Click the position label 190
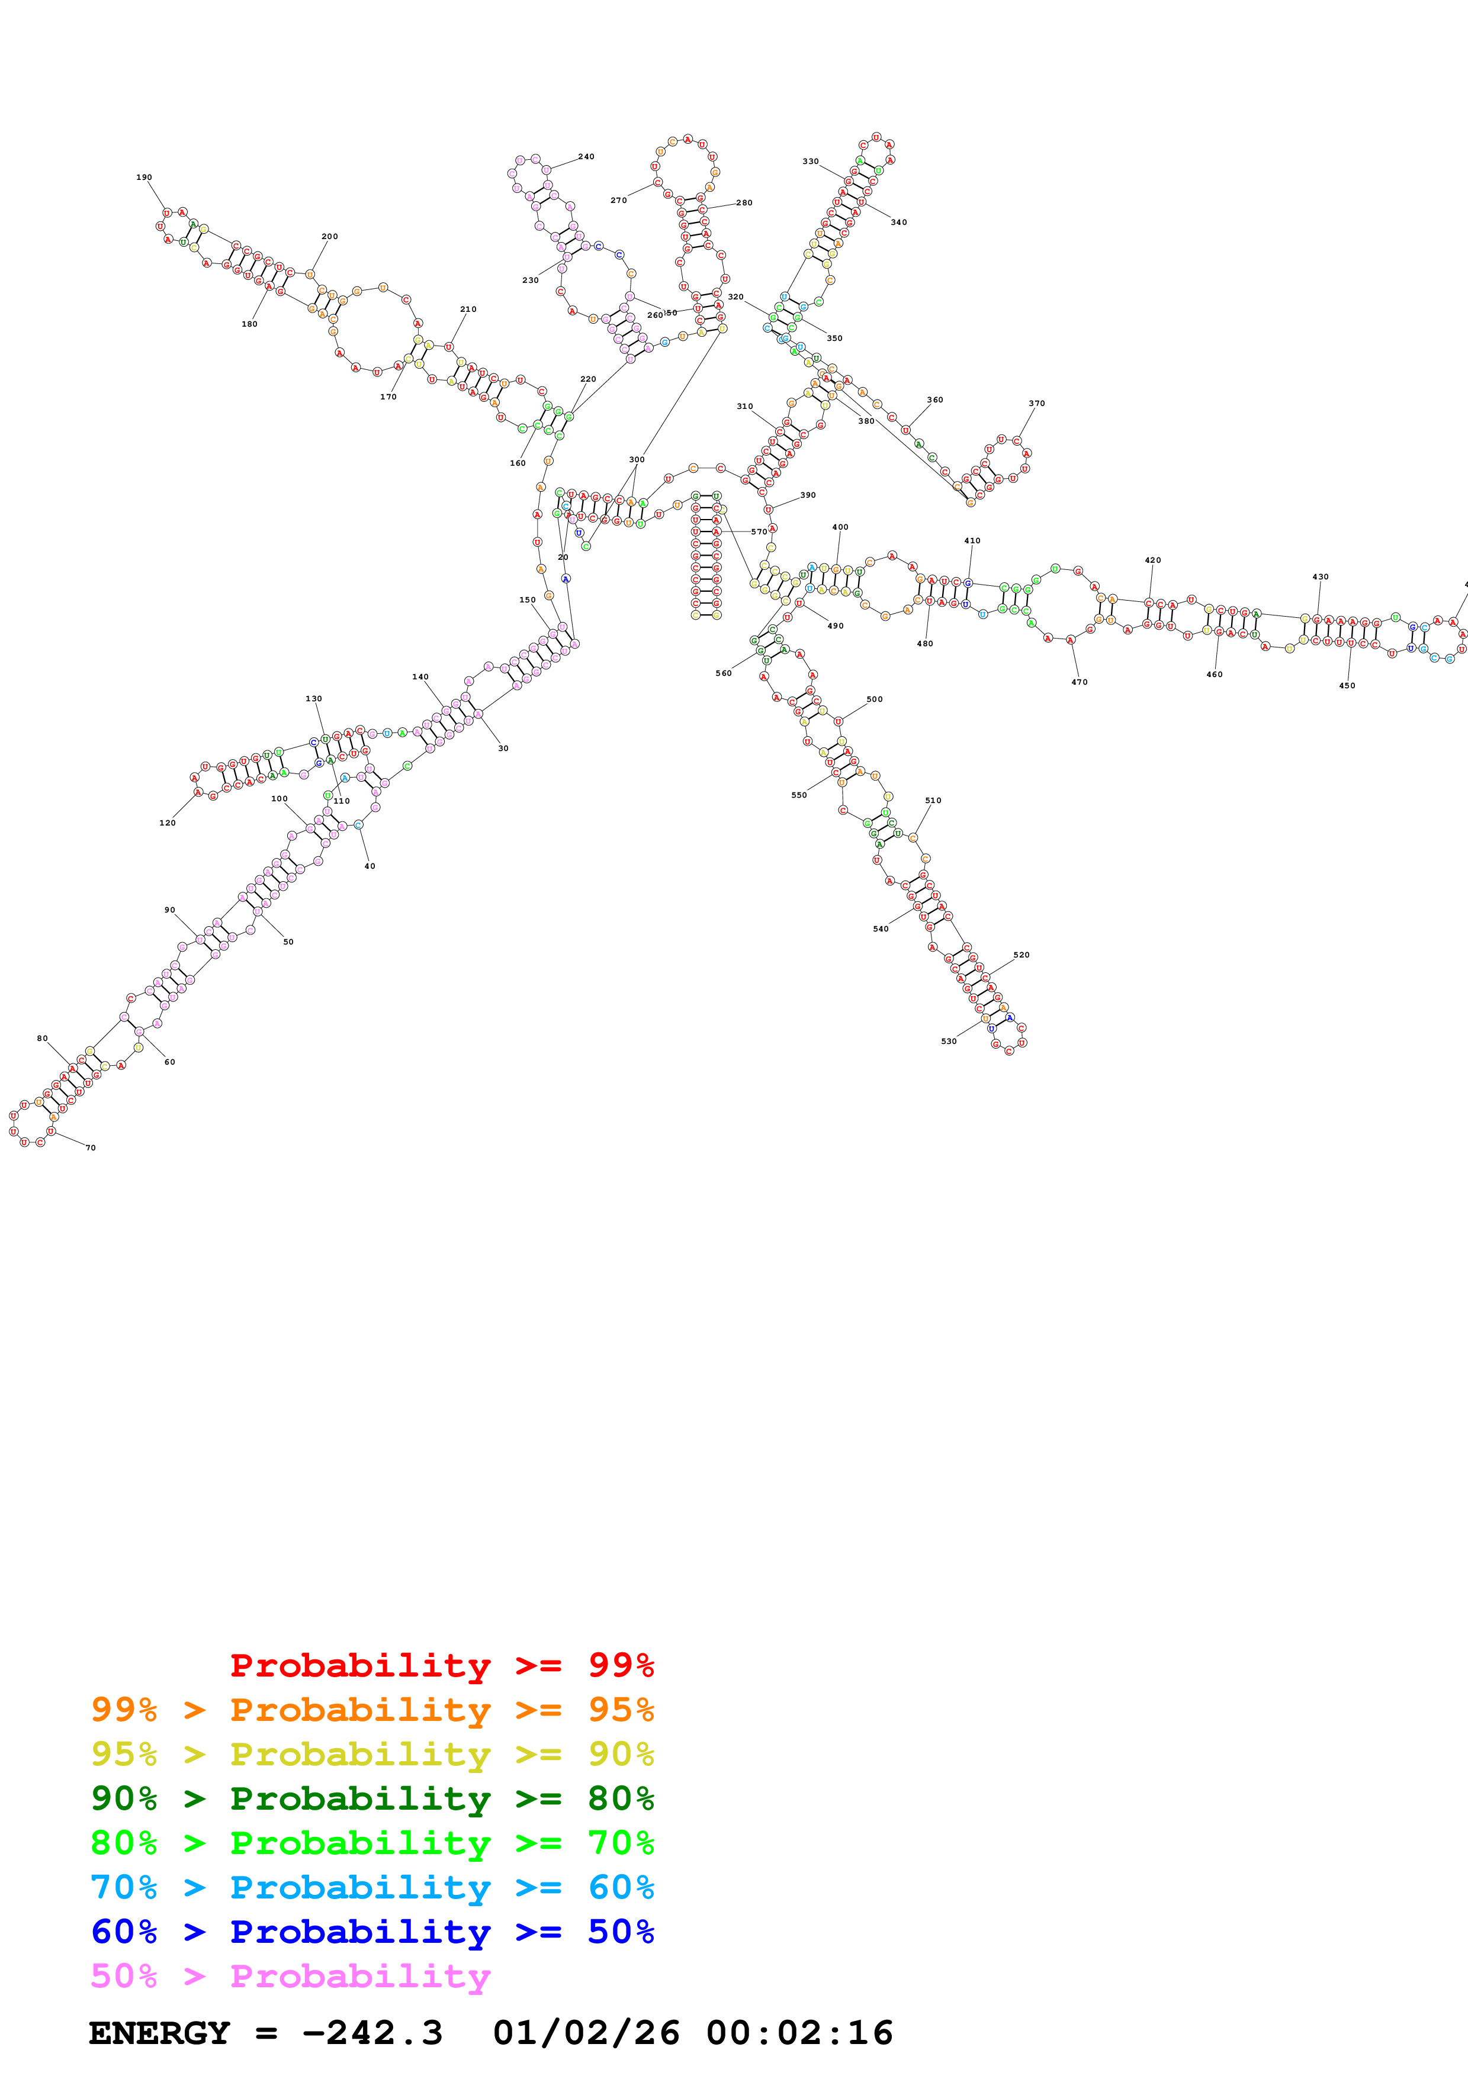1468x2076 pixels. pyautogui.click(x=144, y=177)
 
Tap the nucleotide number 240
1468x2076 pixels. pyautogui.click(x=586, y=156)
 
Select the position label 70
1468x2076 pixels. pyautogui.click(x=91, y=1147)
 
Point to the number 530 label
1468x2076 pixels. pyautogui.click(x=948, y=1041)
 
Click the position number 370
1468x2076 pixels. pyautogui.click(x=1036, y=403)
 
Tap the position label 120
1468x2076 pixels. pyautogui.click(x=168, y=823)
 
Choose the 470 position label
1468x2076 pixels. pyautogui.click(x=1079, y=682)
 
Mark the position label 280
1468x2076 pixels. pyautogui.click(x=744, y=202)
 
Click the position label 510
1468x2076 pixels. pyautogui.click(x=933, y=800)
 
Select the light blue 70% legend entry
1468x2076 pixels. pyautogui.click(x=372, y=1887)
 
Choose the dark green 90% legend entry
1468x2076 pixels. pyautogui.click(x=372, y=1798)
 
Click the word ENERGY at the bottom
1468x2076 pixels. pyautogui.click(x=159, y=2033)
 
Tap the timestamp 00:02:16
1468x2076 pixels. pyautogui.click(x=799, y=2033)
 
